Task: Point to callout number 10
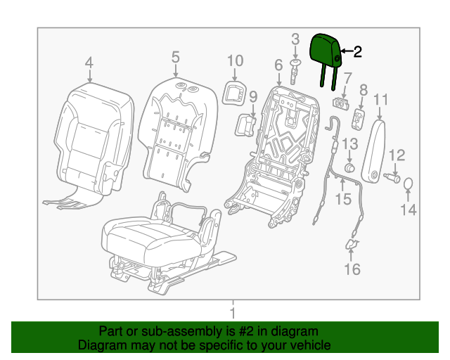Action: click(235, 61)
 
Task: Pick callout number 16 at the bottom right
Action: click(352, 269)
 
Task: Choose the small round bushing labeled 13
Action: click(349, 169)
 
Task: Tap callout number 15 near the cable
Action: click(342, 200)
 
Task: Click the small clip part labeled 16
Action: click(352, 245)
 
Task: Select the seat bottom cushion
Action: click(151, 236)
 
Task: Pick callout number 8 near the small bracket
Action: click(364, 90)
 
